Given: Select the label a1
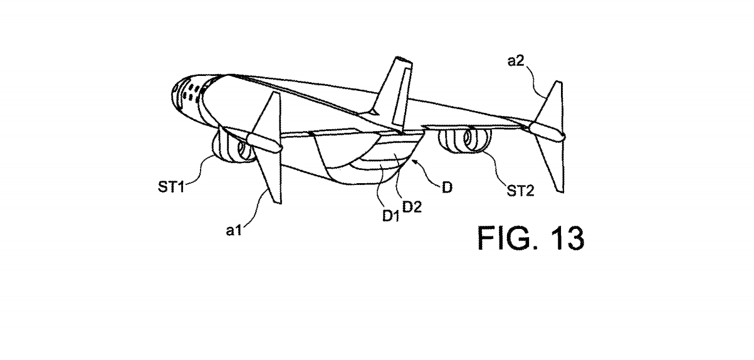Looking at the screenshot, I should coord(234,230).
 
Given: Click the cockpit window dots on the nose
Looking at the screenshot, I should coord(188,94).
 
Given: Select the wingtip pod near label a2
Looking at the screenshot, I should coord(547,129).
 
